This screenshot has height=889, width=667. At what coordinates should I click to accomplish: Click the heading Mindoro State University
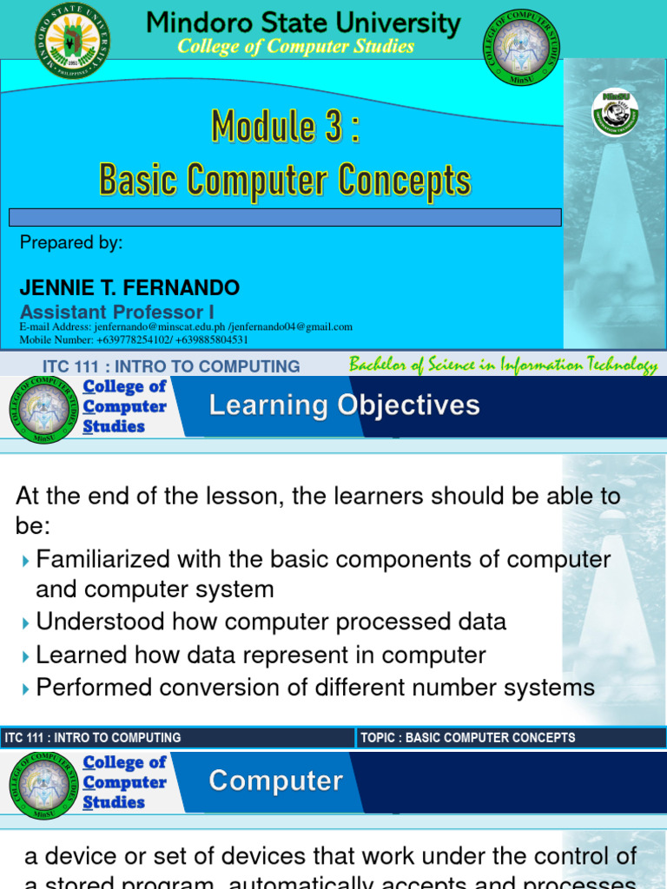303,23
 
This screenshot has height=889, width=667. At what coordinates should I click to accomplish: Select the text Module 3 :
285,128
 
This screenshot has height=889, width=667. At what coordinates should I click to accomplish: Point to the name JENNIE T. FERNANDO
130,287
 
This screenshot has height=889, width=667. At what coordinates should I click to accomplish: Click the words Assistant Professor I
117,312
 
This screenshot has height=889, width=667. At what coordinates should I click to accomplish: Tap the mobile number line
134,339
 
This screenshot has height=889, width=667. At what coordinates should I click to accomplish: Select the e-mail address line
186,326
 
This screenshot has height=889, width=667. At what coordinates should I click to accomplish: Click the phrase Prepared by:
71,243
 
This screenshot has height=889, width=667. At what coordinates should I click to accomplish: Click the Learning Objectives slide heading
344,405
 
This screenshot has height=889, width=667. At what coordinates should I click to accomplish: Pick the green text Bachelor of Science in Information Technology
503,365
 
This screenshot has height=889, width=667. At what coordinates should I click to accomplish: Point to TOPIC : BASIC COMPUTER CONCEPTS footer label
467,738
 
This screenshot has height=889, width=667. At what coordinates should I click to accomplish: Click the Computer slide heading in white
275,781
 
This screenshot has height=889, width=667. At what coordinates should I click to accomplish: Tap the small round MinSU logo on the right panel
615,113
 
